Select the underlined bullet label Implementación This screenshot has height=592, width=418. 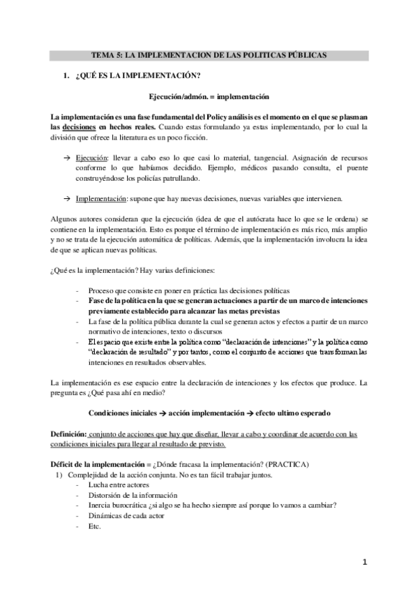(102, 200)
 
